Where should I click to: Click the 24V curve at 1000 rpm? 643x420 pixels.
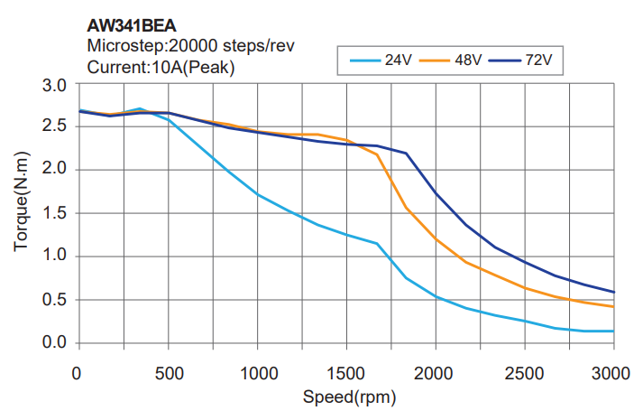click(x=258, y=194)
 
